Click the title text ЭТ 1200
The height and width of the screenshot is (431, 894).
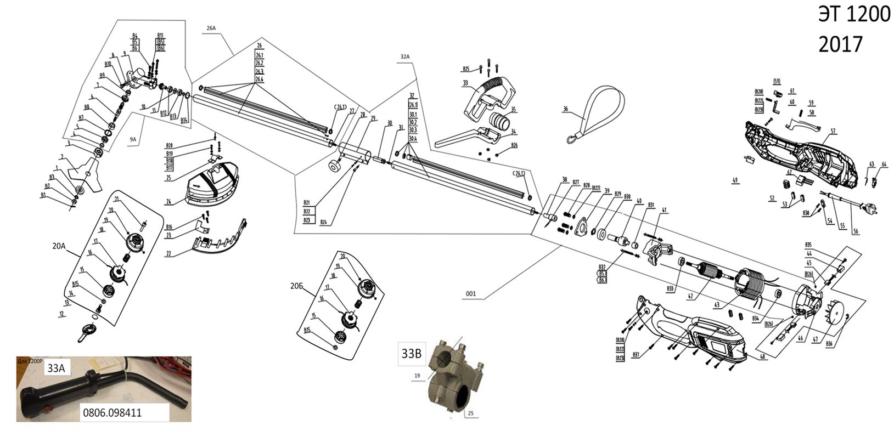click(x=853, y=15)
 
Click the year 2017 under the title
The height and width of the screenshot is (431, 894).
click(x=840, y=44)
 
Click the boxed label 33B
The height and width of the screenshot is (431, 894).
click(x=411, y=354)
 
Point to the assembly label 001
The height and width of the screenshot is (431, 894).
click(x=471, y=294)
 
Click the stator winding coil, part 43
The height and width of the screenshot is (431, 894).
click(x=752, y=285)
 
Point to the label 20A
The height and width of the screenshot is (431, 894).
click(x=59, y=247)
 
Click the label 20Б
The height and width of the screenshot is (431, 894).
click(x=296, y=286)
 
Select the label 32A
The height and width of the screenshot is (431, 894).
click(x=406, y=56)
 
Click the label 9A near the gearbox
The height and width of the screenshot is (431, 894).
click(x=133, y=139)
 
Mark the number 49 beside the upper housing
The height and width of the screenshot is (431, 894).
click(x=735, y=179)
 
